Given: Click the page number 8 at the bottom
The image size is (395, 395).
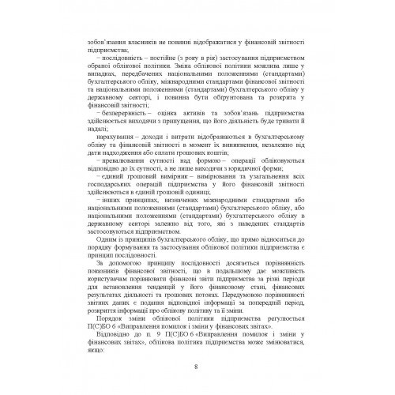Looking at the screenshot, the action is click(197, 366).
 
